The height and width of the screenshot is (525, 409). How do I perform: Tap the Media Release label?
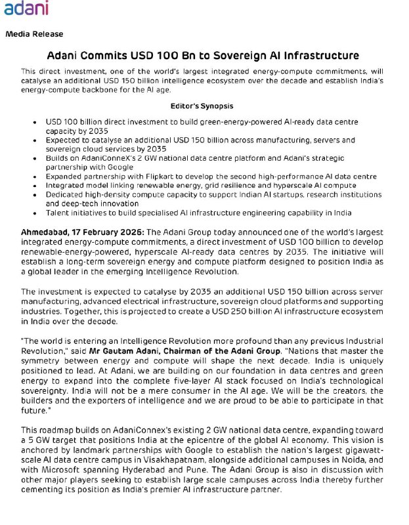(34, 34)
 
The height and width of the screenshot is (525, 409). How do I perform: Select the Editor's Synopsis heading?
(202, 106)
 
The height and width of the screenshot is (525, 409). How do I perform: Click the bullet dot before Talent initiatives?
(34, 213)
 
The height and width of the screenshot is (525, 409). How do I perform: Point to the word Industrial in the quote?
(377, 341)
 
